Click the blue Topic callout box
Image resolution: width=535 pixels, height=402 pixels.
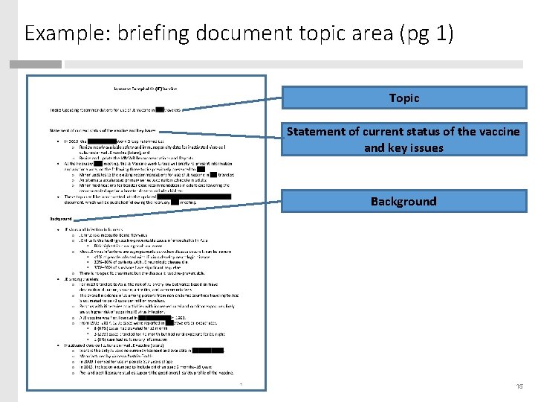403,98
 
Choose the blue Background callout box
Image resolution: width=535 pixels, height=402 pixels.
403,201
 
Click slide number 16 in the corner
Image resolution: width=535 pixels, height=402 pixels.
518,386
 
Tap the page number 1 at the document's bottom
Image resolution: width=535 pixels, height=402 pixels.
241,384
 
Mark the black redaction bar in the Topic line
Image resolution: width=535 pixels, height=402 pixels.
158,109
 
